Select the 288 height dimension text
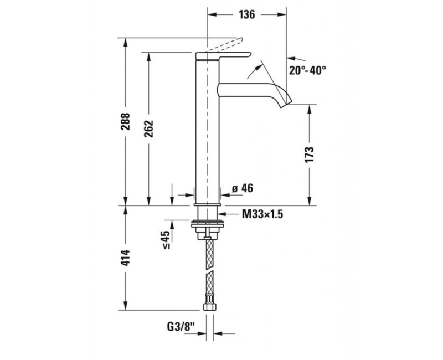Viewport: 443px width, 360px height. pyautogui.click(x=126, y=122)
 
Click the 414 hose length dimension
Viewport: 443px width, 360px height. pyautogui.click(x=126, y=259)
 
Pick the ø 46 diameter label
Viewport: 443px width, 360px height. pyautogui.click(x=243, y=189)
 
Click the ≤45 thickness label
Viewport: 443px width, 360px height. pyautogui.click(x=166, y=239)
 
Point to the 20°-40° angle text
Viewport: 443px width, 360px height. pyautogui.click(x=307, y=70)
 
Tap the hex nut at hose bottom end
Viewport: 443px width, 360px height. pyautogui.click(x=209, y=305)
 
